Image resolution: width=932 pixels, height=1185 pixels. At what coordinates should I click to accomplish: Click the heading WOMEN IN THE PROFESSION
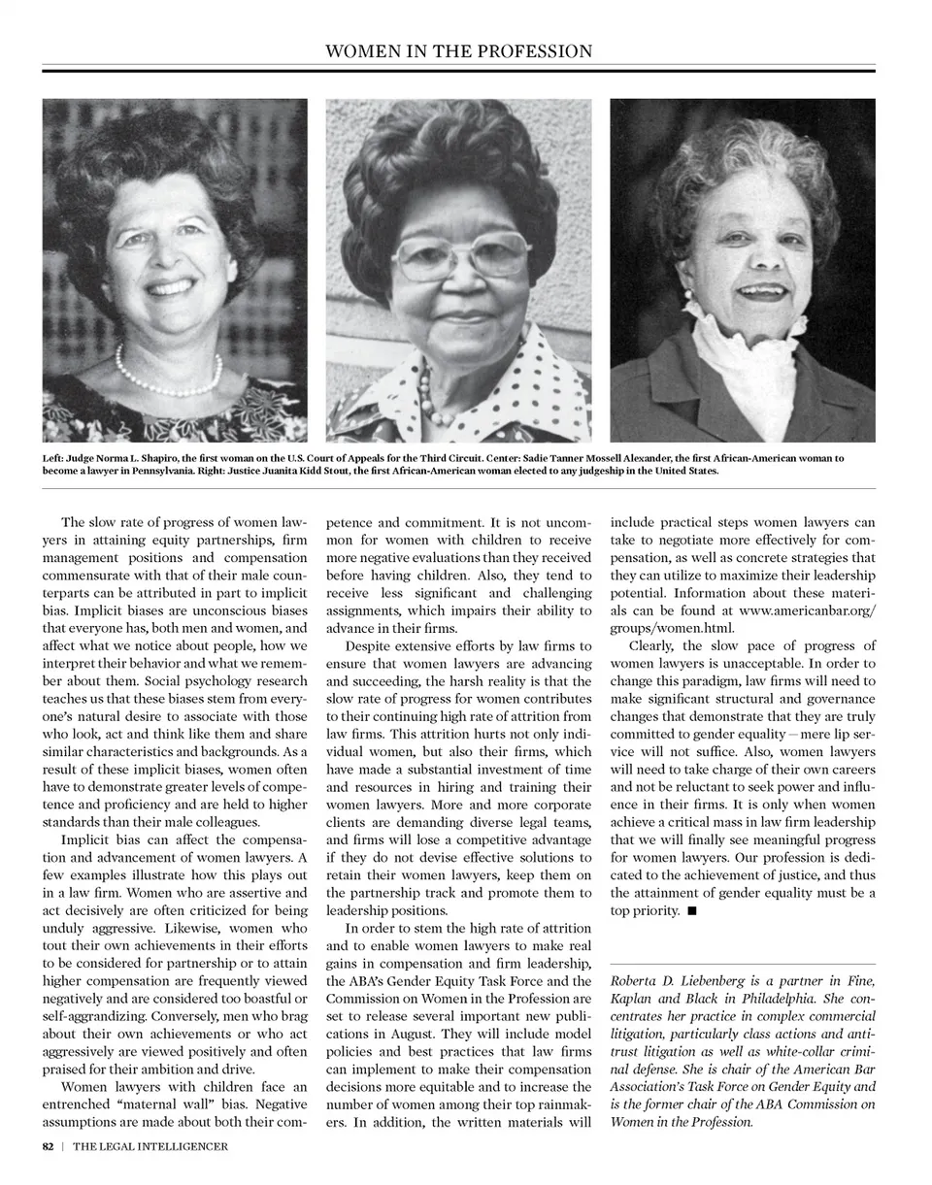(x=458, y=50)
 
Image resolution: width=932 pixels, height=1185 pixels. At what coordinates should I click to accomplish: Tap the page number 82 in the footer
(x=48, y=1146)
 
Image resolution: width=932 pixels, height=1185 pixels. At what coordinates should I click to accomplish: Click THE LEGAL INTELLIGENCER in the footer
(x=150, y=1146)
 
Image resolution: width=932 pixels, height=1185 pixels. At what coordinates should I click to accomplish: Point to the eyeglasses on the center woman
(x=459, y=255)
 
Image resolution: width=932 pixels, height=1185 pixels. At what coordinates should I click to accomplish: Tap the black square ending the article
(x=691, y=911)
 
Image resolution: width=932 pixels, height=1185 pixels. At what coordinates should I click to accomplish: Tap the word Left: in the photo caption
(x=52, y=458)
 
